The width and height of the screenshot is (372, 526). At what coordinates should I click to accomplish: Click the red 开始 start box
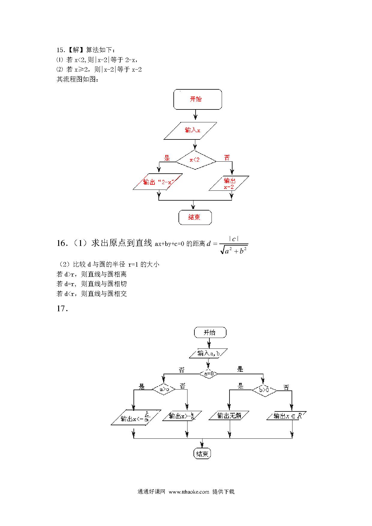pyautogui.click(x=197, y=99)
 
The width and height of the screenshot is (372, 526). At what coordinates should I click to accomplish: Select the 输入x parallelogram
pyautogui.click(x=190, y=130)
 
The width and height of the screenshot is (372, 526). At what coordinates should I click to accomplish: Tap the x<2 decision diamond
pyautogui.click(x=195, y=160)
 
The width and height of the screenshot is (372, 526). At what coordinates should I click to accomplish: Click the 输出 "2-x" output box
pyautogui.click(x=154, y=182)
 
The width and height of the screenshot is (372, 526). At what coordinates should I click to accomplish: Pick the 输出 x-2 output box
pyautogui.click(x=229, y=183)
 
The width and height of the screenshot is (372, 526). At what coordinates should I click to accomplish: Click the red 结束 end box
pyautogui.click(x=195, y=217)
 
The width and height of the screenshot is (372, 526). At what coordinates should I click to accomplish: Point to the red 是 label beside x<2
pyautogui.click(x=167, y=158)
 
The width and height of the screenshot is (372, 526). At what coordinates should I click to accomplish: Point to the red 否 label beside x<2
pyautogui.click(x=227, y=157)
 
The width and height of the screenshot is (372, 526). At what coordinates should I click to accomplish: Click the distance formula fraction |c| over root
pyautogui.click(x=234, y=245)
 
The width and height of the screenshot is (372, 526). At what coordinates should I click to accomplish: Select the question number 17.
pyautogui.click(x=62, y=308)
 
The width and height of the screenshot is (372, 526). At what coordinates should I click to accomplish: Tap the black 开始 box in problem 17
pyautogui.click(x=210, y=333)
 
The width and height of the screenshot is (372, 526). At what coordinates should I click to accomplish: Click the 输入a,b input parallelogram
pyautogui.click(x=208, y=354)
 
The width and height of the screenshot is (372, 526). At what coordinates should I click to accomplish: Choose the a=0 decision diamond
pyautogui.click(x=208, y=374)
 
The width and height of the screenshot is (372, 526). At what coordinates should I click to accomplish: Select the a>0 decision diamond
pyautogui.click(x=163, y=389)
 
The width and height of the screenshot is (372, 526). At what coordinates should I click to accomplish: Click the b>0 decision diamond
pyautogui.click(x=264, y=390)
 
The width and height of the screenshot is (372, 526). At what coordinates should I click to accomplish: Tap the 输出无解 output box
pyautogui.click(x=229, y=416)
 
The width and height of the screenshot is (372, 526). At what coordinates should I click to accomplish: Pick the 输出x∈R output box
pyautogui.click(x=287, y=416)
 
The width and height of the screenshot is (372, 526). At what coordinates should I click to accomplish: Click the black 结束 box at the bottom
pyautogui.click(x=202, y=454)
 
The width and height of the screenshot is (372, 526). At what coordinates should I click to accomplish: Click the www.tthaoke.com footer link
pyautogui.click(x=189, y=492)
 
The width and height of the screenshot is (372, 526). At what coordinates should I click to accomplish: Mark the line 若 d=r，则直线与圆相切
pyautogui.click(x=91, y=284)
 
